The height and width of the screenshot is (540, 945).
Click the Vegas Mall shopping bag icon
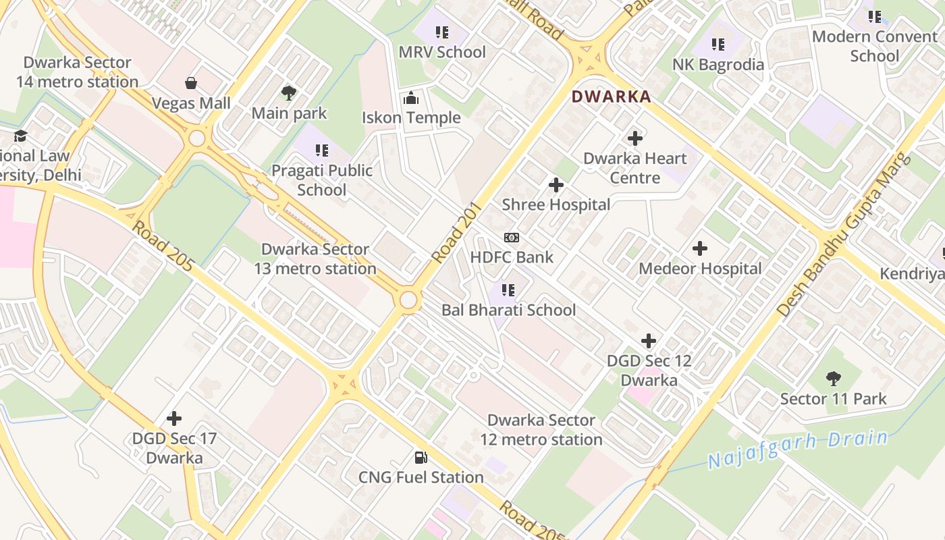[x=191, y=83]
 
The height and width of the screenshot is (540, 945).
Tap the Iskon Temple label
[x=411, y=117]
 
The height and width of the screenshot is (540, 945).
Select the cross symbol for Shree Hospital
[x=556, y=185]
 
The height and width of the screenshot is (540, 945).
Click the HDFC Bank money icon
[x=512, y=238]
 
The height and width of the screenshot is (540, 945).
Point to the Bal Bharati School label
[x=509, y=310]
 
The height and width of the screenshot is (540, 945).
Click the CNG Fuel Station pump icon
[x=421, y=458]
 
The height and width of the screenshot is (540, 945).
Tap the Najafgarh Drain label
[x=798, y=450]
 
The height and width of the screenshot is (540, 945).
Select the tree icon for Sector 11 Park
[x=834, y=379]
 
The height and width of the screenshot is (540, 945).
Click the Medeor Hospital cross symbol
[x=700, y=248]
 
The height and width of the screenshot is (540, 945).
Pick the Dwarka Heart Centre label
[x=634, y=168]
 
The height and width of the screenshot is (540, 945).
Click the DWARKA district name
[x=611, y=97]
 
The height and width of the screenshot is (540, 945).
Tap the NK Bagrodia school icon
[x=718, y=45]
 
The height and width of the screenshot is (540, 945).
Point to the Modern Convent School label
[x=875, y=46]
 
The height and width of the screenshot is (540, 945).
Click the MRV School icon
[x=442, y=32]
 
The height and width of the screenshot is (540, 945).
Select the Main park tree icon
[x=289, y=92]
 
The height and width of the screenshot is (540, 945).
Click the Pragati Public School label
[x=322, y=180]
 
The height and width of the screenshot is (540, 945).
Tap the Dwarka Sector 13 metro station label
[x=315, y=259]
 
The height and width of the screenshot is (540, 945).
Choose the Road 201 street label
[x=456, y=233]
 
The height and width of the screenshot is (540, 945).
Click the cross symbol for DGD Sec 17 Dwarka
[x=174, y=418]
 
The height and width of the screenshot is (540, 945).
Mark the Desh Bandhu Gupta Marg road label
[x=843, y=236]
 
